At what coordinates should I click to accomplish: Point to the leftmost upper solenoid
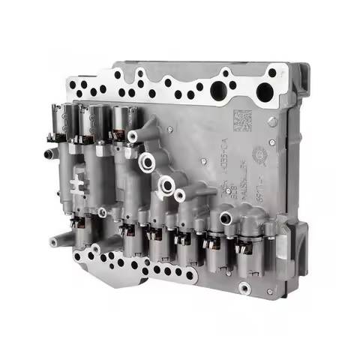pyautogui.click(x=71, y=120)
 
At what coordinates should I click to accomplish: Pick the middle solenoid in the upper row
pyautogui.click(x=95, y=120)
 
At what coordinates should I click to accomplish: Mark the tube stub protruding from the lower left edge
pyautogui.click(x=56, y=242)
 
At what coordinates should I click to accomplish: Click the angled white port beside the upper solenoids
pyautogui.click(x=136, y=137)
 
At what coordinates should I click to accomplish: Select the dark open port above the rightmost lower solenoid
pyautogui.click(x=225, y=218)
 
